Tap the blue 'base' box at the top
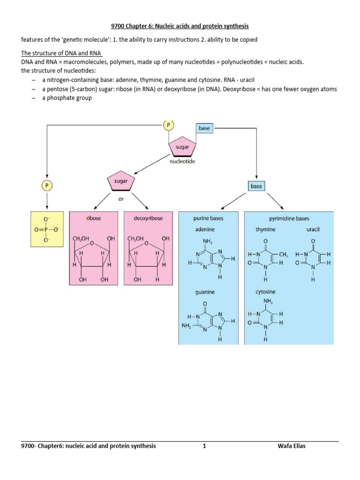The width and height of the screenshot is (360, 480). pos(204,128)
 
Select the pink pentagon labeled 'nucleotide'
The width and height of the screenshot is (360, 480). pos(182,147)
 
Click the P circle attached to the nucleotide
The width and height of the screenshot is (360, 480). pos(168,125)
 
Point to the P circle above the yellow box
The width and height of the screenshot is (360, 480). pos(46,186)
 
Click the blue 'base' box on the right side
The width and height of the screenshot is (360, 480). pos(256,186)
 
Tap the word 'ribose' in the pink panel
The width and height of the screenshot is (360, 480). pos(94,218)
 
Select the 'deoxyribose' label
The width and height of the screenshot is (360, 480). pos(149,218)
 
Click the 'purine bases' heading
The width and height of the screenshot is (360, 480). pos(208,218)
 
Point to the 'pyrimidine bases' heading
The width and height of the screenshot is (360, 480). pos(289,218)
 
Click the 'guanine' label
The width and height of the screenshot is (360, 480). pos(205,292)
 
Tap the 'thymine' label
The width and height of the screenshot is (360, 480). pos(265,229)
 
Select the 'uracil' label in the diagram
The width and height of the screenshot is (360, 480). pos(313,229)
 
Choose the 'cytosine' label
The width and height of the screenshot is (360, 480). pos(266,292)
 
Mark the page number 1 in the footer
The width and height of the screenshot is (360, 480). pos(204,446)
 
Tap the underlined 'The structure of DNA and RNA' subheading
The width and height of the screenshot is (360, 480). pos(62,52)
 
